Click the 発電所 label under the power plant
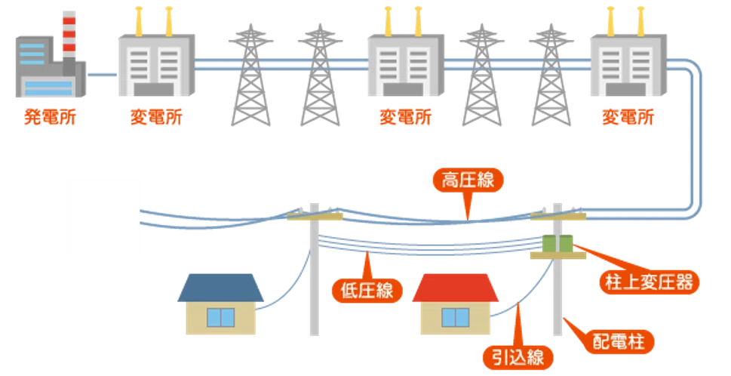(50, 117)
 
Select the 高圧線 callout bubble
(468, 180)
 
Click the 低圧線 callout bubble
(367, 291)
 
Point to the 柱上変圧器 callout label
(649, 282)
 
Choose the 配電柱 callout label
(619, 341)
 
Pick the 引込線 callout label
(518, 358)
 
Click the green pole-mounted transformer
(557, 244)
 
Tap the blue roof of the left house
(220, 288)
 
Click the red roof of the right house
(456, 288)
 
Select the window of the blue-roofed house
(220, 317)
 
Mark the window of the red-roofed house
(456, 317)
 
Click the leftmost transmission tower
(250, 75)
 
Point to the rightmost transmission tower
(551, 75)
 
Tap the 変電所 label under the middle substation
(406, 117)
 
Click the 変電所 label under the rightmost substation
(628, 117)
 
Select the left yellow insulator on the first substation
(139, 21)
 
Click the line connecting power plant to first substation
(102, 74)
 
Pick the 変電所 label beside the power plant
(156, 117)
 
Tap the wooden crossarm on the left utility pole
(315, 217)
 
